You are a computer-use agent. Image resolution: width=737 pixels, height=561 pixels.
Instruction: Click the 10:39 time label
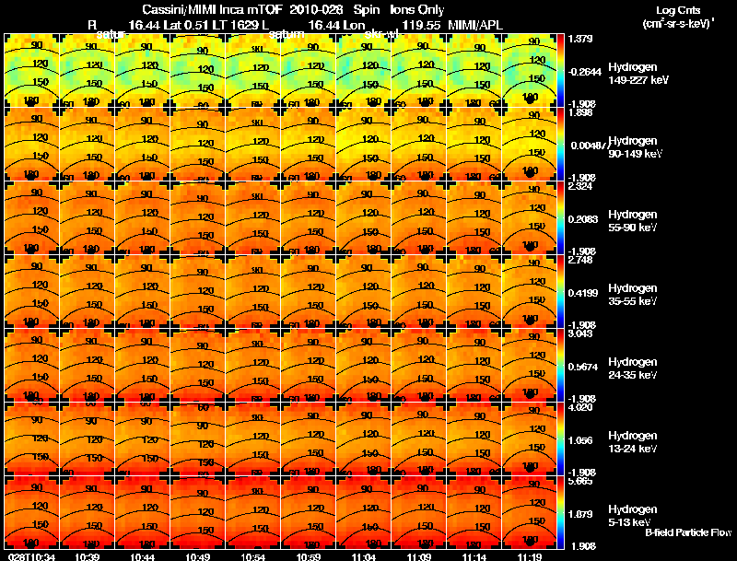(x=88, y=556)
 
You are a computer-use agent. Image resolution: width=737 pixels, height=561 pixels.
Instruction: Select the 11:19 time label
(x=529, y=556)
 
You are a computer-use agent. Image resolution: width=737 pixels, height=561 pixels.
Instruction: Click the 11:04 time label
(x=364, y=556)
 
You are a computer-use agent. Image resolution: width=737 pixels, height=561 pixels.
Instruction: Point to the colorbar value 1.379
(x=579, y=38)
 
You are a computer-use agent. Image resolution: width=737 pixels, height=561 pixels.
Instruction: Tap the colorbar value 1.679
(x=579, y=514)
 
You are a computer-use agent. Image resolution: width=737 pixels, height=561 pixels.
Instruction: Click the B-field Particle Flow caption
(x=688, y=532)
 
